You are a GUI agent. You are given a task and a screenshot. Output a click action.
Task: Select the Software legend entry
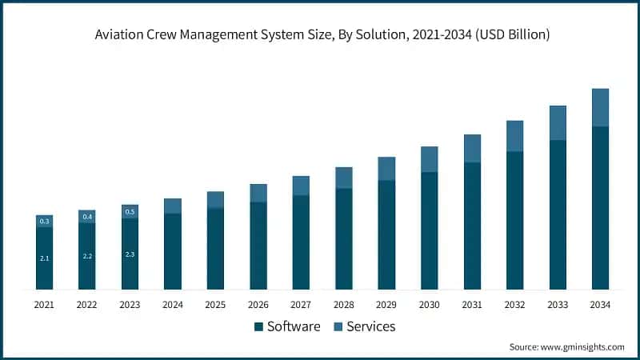(x=293, y=326)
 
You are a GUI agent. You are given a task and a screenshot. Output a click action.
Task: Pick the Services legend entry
(x=370, y=326)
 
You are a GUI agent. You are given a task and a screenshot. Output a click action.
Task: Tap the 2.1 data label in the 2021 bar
(x=45, y=258)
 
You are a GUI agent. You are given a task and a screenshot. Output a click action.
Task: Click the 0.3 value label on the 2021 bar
(x=45, y=221)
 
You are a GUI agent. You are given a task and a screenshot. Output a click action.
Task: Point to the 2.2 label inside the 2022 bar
(x=87, y=256)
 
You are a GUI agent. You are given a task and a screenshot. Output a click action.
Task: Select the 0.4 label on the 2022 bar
(x=87, y=217)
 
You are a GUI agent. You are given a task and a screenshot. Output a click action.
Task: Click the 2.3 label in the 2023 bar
(x=130, y=254)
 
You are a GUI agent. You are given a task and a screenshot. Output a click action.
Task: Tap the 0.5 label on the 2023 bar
(x=130, y=212)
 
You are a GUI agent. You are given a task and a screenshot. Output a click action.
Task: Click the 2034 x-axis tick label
(x=600, y=305)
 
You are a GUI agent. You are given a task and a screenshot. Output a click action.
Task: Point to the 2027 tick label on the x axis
(x=301, y=305)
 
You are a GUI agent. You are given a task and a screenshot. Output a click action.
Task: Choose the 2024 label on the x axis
(x=173, y=305)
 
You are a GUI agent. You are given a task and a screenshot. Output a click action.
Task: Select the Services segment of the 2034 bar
(x=600, y=107)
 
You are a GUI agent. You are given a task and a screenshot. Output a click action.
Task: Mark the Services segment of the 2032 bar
(x=514, y=136)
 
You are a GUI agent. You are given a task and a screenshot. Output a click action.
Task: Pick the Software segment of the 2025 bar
(x=215, y=248)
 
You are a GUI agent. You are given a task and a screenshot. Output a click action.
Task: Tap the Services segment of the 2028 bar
(x=343, y=178)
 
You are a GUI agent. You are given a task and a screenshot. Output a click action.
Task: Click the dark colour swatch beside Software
(x=258, y=326)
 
